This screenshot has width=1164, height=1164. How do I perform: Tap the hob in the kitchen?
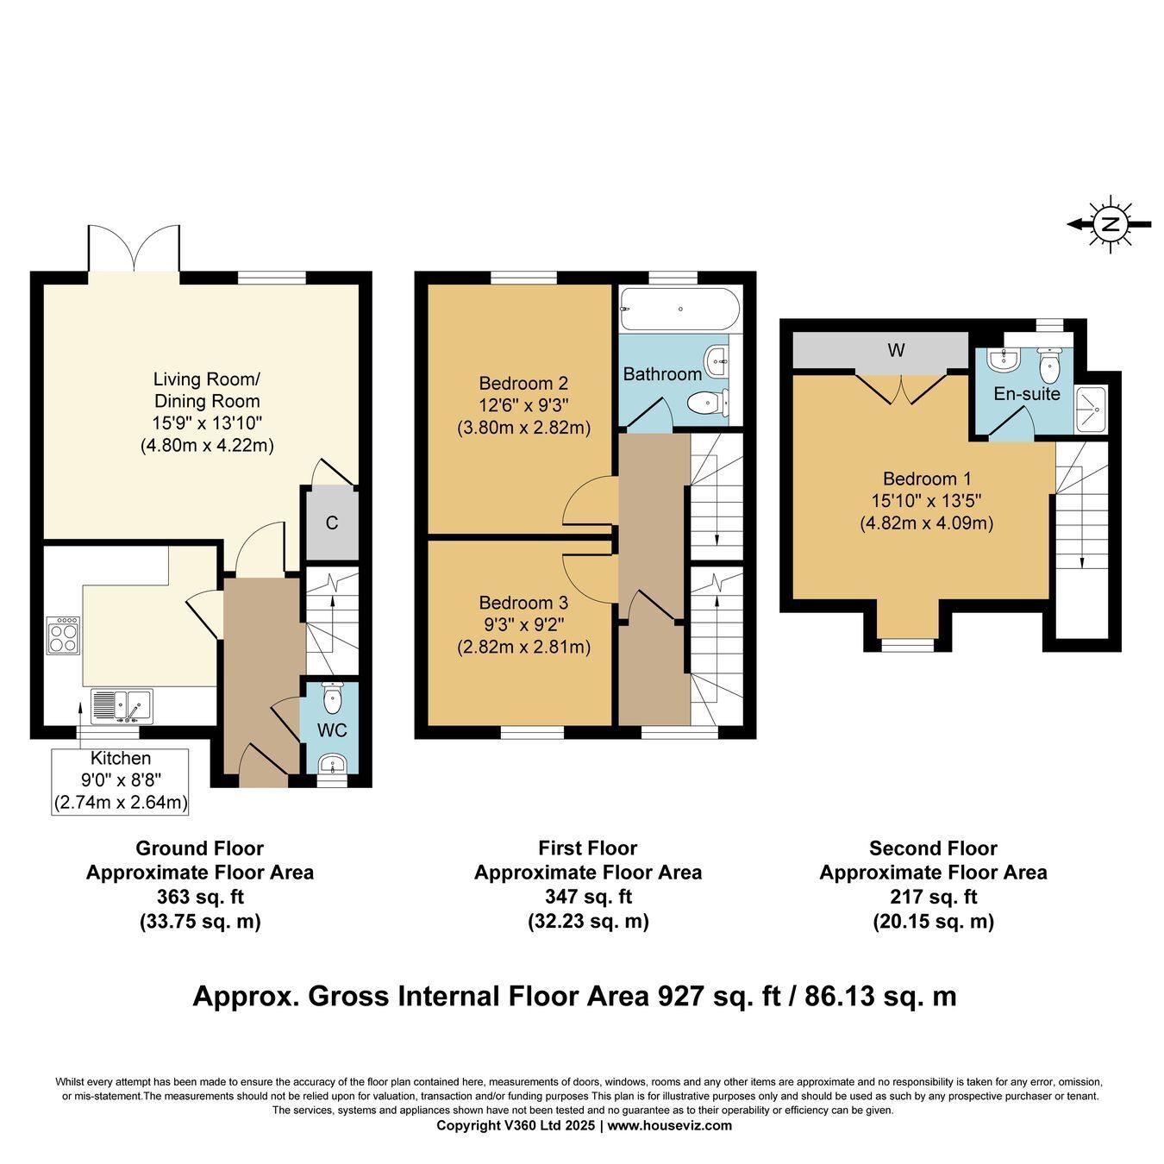(x=63, y=635)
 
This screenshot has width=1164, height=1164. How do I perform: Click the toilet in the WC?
(x=332, y=698)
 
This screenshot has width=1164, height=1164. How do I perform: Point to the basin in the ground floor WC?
(x=332, y=764)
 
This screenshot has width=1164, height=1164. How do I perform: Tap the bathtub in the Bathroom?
(x=679, y=310)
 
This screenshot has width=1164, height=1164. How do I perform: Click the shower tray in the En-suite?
(x=1091, y=410)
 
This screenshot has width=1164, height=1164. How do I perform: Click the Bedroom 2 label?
(x=523, y=383)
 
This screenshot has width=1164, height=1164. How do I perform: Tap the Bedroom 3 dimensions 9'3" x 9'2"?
(x=523, y=624)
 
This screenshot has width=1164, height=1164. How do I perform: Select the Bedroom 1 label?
(x=927, y=479)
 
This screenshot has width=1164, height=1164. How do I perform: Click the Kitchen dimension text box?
(x=120, y=782)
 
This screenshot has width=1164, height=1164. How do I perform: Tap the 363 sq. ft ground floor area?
(x=200, y=897)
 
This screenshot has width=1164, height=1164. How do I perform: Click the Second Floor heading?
(x=933, y=848)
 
